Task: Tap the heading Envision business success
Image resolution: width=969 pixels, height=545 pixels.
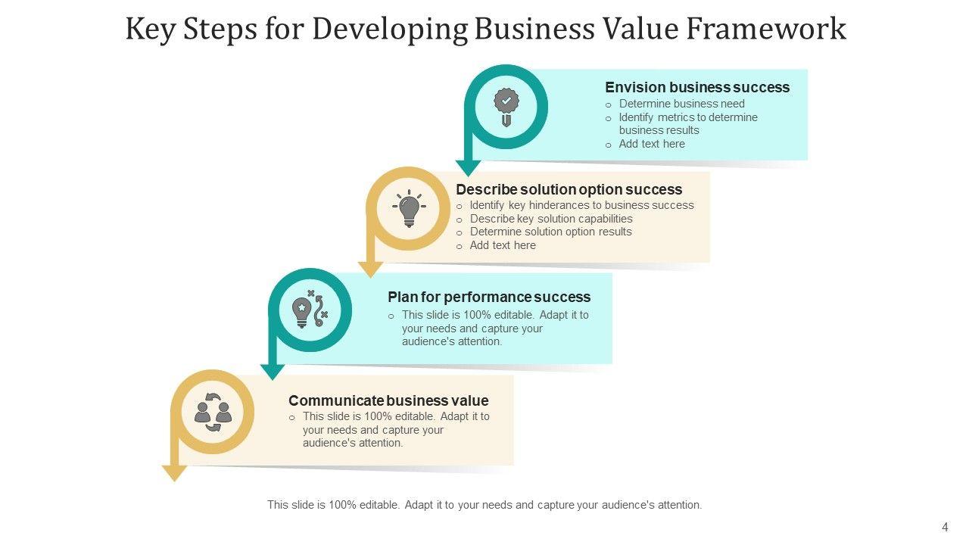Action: (x=696, y=87)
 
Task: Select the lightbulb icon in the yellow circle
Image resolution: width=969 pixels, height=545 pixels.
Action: (x=409, y=208)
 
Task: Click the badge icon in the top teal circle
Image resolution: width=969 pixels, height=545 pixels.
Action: (x=506, y=107)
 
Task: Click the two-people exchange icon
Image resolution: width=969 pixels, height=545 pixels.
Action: (x=213, y=412)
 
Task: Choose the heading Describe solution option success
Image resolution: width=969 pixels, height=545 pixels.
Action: (x=569, y=189)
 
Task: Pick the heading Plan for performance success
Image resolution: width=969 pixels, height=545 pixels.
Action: (x=489, y=297)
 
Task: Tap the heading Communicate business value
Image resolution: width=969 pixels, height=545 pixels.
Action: (x=388, y=400)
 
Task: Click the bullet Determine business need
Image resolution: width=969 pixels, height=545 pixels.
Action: (x=681, y=104)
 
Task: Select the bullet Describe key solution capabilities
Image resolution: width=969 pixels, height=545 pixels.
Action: (x=550, y=219)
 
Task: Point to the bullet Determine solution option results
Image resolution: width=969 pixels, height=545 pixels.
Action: (x=550, y=232)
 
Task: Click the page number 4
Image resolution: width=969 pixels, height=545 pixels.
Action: (x=945, y=528)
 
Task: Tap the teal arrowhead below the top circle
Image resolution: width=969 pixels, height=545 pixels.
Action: (x=469, y=168)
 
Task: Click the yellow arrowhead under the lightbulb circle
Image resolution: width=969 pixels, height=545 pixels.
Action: (x=371, y=269)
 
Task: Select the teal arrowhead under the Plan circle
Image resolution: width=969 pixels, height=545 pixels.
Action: (x=273, y=372)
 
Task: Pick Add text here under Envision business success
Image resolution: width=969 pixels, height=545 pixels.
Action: (x=651, y=144)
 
